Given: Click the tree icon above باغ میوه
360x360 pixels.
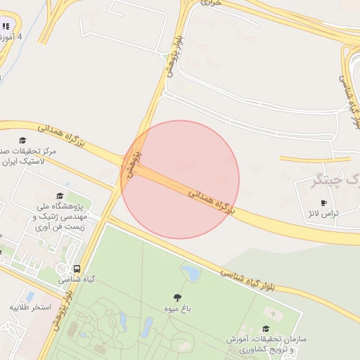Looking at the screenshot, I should click(x=177, y=297).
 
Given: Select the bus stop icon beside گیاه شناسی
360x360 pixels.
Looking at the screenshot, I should click(x=77, y=268).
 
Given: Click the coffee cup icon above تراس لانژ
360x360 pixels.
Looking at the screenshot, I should click(x=323, y=202).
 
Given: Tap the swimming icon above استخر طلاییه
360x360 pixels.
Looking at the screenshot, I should click(x=30, y=296).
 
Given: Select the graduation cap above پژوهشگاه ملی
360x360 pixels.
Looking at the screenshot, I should click(x=59, y=195).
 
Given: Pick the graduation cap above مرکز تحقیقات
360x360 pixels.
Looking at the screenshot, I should click(x=24, y=141).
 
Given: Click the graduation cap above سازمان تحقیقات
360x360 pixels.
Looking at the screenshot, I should click(x=266, y=328).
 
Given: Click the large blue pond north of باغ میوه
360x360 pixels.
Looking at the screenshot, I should click(x=190, y=271).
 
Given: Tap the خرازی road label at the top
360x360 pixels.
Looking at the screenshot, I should click(x=211, y=3).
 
